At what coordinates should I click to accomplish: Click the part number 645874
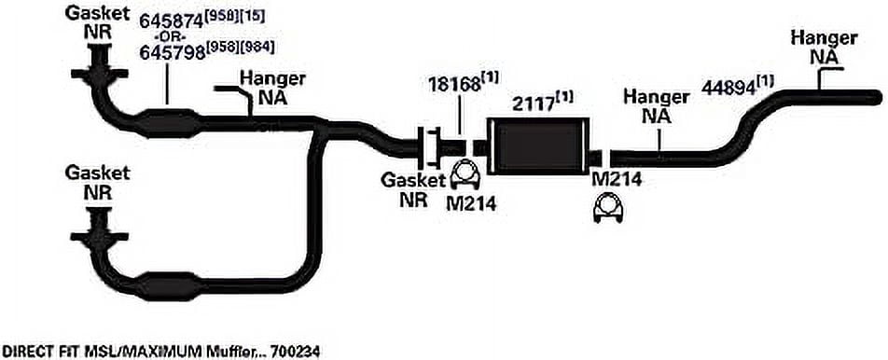click(x=172, y=21)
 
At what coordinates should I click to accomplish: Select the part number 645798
click(x=172, y=52)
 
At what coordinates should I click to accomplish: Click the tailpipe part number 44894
click(x=729, y=87)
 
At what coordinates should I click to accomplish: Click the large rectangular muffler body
click(x=537, y=145)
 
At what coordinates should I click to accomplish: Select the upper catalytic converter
click(x=168, y=123)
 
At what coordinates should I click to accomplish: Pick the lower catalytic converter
click(x=169, y=286)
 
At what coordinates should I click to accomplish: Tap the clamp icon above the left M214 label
click(x=465, y=175)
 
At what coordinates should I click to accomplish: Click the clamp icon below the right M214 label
click(x=607, y=208)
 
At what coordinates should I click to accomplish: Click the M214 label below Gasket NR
click(x=471, y=204)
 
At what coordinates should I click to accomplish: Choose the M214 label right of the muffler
click(x=617, y=180)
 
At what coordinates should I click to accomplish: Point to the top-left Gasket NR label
click(x=97, y=21)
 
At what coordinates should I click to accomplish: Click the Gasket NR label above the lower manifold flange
click(x=97, y=182)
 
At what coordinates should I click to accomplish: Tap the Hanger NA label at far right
click(x=824, y=48)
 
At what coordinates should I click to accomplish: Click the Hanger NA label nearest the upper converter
click(x=273, y=89)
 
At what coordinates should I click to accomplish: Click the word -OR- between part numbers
click(x=169, y=37)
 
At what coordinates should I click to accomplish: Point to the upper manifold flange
click(x=99, y=73)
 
